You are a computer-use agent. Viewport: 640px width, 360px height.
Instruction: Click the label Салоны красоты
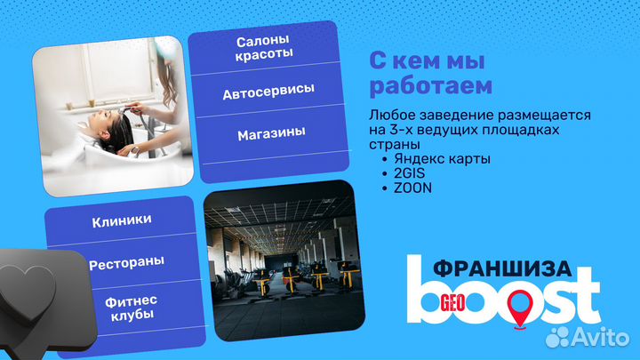tap(265, 48)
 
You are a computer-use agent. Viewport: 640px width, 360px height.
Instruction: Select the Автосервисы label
tap(268, 92)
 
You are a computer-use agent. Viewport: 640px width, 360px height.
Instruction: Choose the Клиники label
tap(122, 220)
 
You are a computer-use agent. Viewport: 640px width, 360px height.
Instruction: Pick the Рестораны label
tap(125, 263)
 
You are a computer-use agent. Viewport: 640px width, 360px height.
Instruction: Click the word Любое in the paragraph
tap(389, 116)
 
